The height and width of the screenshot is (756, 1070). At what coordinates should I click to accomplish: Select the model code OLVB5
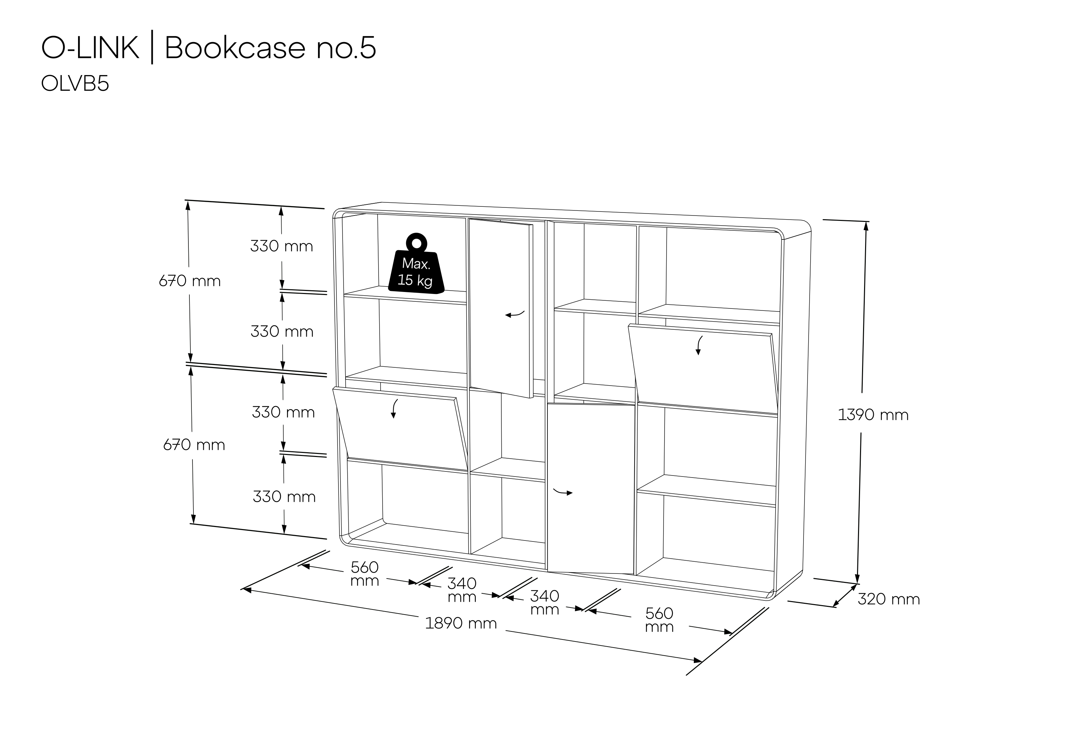(75, 84)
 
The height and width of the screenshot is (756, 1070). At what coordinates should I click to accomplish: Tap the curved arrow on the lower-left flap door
(394, 408)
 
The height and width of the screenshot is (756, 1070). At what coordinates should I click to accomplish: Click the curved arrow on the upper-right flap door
(699, 345)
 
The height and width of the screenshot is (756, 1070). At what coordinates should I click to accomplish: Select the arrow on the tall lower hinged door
(563, 492)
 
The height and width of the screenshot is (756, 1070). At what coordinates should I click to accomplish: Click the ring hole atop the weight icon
(417, 243)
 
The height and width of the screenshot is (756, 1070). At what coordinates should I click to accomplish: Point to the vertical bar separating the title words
(152, 48)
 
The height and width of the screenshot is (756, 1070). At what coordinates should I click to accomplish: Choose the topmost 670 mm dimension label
(190, 281)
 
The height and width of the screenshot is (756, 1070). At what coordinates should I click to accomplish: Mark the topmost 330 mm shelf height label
(282, 246)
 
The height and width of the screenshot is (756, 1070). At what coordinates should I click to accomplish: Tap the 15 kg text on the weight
(415, 280)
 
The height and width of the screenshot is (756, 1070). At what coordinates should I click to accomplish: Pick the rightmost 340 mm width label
(545, 602)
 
